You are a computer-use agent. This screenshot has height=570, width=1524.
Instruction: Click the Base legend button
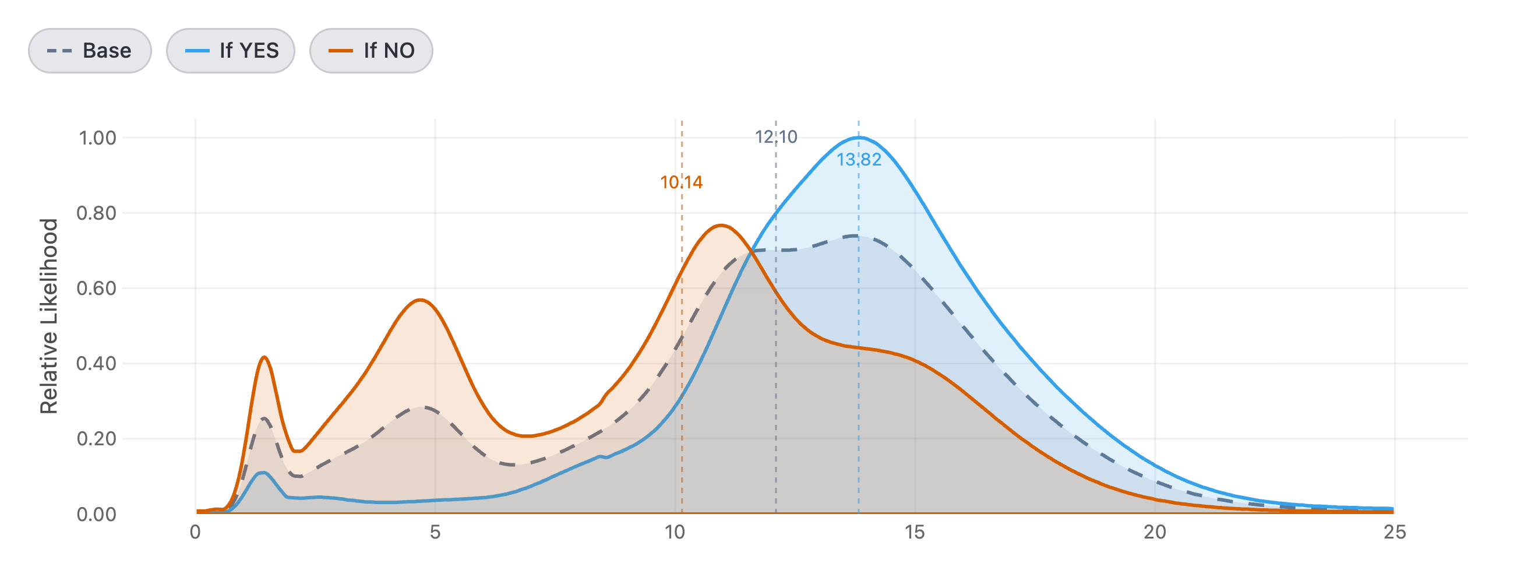(90, 51)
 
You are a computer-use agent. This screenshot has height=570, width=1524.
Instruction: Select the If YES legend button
(231, 51)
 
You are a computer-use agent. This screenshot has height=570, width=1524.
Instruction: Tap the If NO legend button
(372, 51)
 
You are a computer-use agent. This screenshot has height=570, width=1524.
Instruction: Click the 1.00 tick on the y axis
(98, 138)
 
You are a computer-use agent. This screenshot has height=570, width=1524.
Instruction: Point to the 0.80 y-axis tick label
(97, 213)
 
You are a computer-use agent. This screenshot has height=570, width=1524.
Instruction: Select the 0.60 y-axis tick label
(97, 288)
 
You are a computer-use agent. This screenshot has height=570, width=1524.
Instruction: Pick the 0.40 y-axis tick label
(97, 364)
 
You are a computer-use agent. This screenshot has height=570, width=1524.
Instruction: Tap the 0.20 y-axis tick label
(97, 439)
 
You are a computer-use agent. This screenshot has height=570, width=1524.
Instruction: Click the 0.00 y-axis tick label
(97, 514)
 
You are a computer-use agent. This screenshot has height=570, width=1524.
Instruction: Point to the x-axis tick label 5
(435, 532)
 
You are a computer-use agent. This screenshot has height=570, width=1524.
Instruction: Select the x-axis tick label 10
(675, 532)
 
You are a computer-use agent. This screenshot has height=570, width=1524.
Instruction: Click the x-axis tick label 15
(915, 532)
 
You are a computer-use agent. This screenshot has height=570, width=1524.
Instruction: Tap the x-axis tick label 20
(1155, 532)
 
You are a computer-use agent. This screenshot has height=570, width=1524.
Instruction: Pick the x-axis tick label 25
(1395, 532)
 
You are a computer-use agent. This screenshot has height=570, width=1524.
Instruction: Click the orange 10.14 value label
(682, 182)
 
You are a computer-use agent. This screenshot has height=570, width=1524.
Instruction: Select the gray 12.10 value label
(776, 138)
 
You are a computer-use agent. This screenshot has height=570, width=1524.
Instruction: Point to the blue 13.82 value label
(859, 160)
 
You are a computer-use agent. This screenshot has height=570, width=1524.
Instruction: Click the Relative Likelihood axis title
(49, 316)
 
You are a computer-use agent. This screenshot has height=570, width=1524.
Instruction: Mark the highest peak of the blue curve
(859, 138)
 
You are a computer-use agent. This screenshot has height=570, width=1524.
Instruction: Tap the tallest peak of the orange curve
(721, 225)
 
